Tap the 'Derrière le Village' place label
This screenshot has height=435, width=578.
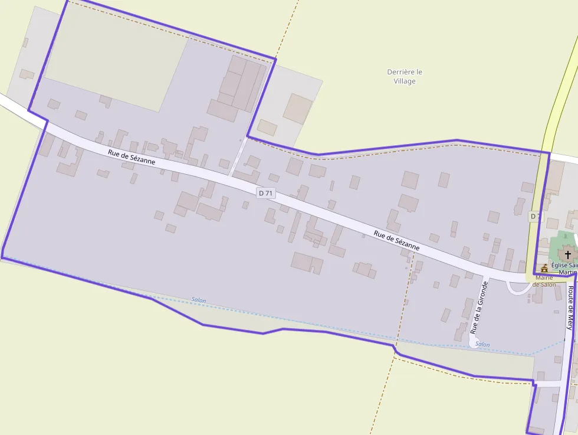tap(405, 76)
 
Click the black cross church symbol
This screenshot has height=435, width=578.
tap(567, 254)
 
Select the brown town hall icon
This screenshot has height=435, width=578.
tap(544, 268)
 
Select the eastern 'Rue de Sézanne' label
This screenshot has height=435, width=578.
tap(396, 240)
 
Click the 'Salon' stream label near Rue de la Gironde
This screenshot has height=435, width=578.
tap(482, 344)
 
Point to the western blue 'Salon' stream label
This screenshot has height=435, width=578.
tap(199, 300)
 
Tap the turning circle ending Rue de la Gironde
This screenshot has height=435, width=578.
tap(474, 342)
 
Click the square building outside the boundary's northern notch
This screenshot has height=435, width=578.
tap(297, 109)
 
